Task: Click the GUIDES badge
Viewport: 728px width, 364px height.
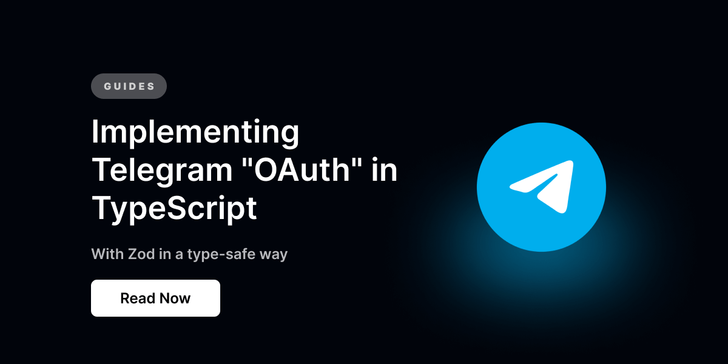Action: (x=129, y=86)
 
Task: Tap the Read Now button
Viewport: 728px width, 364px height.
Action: (x=155, y=298)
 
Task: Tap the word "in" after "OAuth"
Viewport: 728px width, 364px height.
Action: (x=385, y=171)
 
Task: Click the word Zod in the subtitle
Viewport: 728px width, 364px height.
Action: (x=140, y=253)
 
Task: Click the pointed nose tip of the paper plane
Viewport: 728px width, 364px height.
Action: (x=572, y=162)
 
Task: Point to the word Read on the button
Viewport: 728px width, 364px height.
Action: (x=136, y=298)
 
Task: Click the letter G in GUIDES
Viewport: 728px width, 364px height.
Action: (x=107, y=86)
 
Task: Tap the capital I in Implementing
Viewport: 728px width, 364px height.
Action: (x=95, y=133)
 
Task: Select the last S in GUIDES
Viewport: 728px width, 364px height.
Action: (x=151, y=86)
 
